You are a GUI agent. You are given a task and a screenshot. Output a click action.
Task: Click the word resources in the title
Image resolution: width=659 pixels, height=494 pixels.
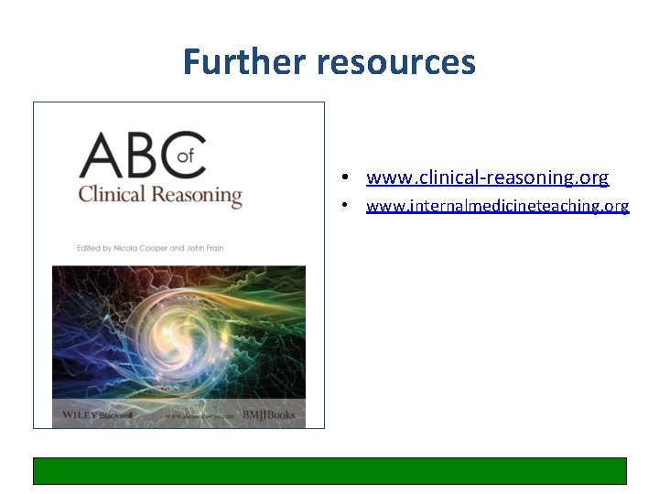pyautogui.click(x=396, y=62)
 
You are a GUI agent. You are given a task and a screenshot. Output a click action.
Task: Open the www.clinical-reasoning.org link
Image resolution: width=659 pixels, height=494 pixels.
pyautogui.click(x=487, y=177)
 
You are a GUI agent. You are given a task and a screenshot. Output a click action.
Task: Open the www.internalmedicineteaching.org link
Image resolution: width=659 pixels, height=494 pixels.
pyautogui.click(x=497, y=206)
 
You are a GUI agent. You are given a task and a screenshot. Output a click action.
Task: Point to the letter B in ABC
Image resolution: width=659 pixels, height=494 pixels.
pyautogui.click(x=146, y=156)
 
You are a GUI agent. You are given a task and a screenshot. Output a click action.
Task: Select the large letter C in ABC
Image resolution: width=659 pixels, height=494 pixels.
pyautogui.click(x=186, y=156)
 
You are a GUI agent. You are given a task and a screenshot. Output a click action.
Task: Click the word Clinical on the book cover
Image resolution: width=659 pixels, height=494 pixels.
pyautogui.click(x=114, y=195)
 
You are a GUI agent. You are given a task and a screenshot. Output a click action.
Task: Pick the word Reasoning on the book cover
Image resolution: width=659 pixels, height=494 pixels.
pyautogui.click(x=199, y=196)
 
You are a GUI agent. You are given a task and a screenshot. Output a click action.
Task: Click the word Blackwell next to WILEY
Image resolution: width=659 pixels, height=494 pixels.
pyautogui.click(x=116, y=415)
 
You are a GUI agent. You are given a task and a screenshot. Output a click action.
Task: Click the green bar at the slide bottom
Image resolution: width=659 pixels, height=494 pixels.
pyautogui.click(x=329, y=470)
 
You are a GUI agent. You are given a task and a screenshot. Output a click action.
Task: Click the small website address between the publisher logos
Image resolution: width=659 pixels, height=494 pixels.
pyautogui.click(x=194, y=416)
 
